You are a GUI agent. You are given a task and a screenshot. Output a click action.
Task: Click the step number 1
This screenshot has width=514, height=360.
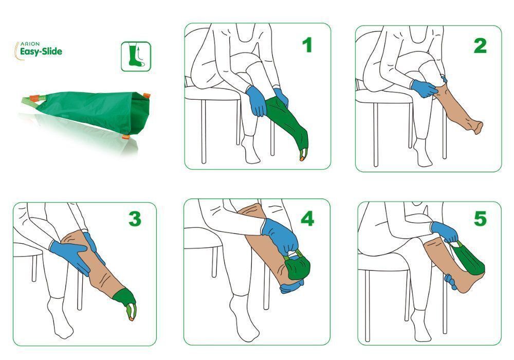[x=307, y=45]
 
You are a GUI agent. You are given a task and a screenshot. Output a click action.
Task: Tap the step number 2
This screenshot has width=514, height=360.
[x=480, y=46]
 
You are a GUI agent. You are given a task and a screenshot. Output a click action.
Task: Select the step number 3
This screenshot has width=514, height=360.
[x=135, y=219]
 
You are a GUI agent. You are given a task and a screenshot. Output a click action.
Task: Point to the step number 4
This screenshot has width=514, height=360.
[x=307, y=219]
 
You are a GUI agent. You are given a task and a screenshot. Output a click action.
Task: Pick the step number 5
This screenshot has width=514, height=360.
[x=480, y=219]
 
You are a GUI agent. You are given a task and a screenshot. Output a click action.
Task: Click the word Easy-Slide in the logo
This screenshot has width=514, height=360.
[x=41, y=51]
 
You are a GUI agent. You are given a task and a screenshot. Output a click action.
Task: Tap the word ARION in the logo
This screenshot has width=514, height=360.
[x=30, y=44]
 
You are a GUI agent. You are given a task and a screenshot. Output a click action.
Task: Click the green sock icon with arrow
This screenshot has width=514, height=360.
[x=136, y=57]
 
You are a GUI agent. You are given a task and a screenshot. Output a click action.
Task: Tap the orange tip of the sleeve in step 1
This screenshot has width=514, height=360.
[x=302, y=158]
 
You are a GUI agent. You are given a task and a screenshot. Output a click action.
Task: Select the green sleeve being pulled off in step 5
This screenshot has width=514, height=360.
[x=469, y=259]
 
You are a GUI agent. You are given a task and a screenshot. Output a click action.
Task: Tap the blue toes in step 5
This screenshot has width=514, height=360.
[x=450, y=282]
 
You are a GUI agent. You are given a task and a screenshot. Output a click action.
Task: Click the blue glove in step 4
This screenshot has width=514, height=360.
[x=280, y=237]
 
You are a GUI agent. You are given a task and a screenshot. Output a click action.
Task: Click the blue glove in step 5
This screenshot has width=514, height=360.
[x=445, y=231]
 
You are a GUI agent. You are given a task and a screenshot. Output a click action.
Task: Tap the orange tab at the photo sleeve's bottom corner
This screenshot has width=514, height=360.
[x=125, y=136]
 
